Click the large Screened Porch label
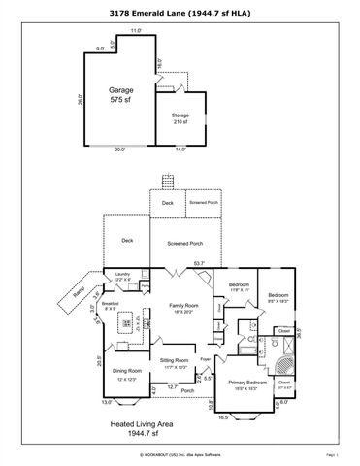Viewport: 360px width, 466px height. [x=184, y=244]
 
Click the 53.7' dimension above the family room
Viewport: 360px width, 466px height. [x=199, y=263]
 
